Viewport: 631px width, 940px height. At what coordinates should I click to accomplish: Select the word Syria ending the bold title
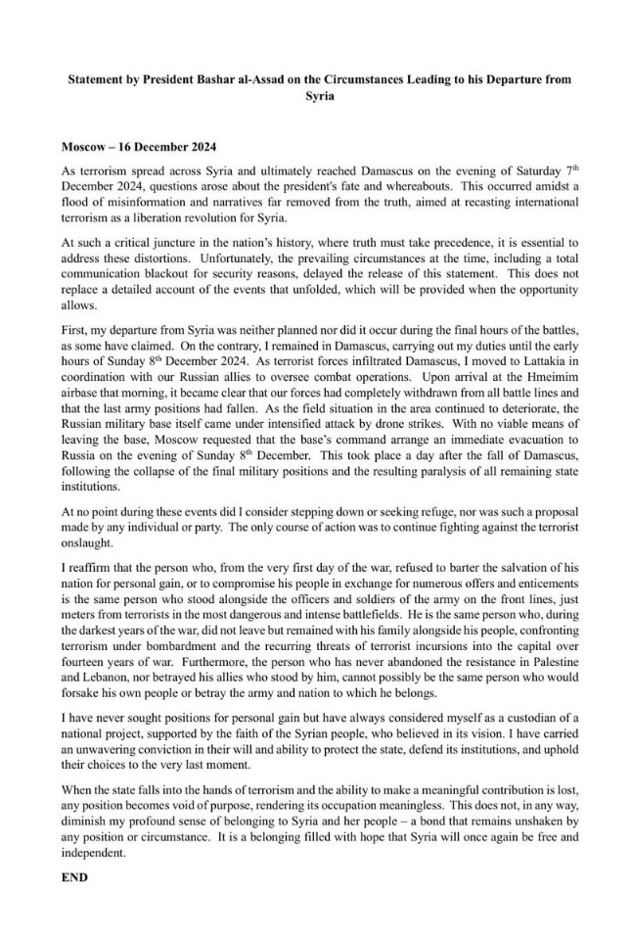tap(315, 97)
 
